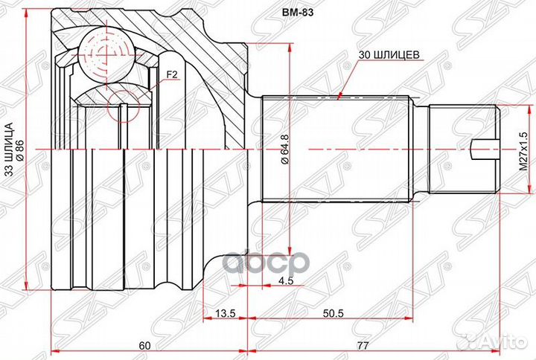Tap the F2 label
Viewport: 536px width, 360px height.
coord(172,74)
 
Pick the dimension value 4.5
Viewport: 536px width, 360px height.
coord(285,280)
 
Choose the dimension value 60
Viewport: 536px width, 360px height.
coord(145,345)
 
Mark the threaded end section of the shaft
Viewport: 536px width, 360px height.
coord(465,149)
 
